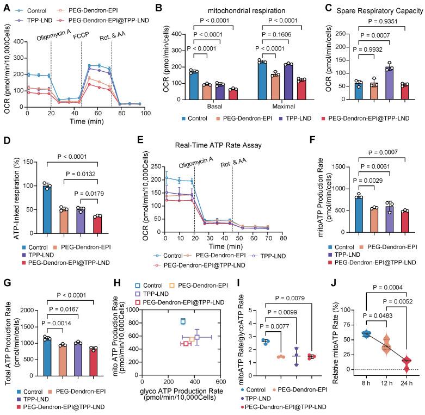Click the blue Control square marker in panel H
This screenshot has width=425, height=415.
pos(183,321)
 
